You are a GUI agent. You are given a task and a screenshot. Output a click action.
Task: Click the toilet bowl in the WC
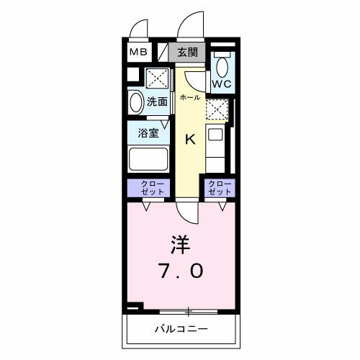click(x=222, y=67)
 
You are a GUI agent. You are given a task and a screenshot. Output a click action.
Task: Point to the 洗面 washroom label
click(x=158, y=102)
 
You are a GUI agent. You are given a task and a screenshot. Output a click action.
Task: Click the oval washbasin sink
click(x=135, y=102)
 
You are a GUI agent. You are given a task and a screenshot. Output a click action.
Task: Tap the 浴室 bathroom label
click(x=141, y=132)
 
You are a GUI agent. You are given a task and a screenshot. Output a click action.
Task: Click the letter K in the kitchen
click(x=190, y=139)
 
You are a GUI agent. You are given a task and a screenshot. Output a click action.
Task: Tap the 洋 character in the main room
click(x=181, y=244)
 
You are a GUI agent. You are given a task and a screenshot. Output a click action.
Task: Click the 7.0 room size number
click(x=181, y=271)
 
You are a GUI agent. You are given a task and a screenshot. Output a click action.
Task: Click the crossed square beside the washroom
click(x=157, y=78)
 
